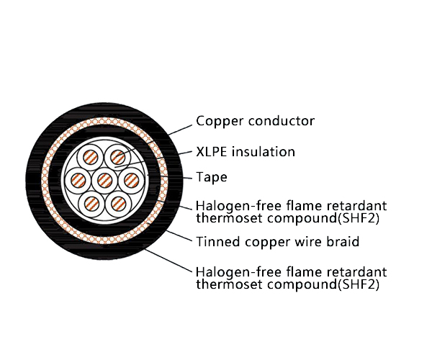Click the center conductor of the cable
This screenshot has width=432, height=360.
click(105, 181)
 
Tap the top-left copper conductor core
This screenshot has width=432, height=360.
click(91, 158)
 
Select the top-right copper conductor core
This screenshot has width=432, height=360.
click(117, 158)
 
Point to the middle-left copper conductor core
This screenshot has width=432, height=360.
click(78, 181)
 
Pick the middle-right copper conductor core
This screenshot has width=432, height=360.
click(131, 181)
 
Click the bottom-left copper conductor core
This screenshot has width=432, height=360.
click(91, 204)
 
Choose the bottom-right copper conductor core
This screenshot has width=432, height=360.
click(118, 204)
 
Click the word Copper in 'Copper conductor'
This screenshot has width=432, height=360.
click(220, 121)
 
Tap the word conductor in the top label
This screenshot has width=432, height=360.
click(282, 121)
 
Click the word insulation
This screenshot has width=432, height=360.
click(264, 152)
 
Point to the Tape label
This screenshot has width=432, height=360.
click(212, 177)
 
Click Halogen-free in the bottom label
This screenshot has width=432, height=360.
click(239, 272)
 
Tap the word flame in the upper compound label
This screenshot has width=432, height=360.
click(304, 206)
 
